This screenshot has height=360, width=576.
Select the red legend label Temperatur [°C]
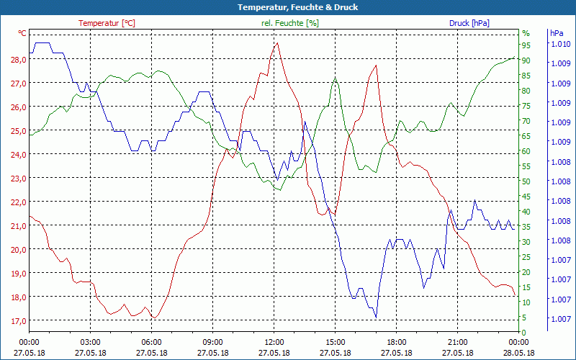(107, 23)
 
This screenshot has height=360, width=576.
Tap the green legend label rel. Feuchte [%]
(289, 23)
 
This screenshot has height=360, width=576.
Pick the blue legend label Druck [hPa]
(469, 23)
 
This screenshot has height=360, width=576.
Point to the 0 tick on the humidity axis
(524, 333)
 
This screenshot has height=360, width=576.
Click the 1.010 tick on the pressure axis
(560, 45)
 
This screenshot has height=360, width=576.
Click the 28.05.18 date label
(519, 353)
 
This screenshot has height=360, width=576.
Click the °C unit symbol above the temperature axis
(22, 33)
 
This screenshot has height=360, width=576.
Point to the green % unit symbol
(526, 33)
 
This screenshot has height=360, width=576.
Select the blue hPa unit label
(557, 33)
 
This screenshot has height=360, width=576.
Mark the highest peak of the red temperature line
(277, 42)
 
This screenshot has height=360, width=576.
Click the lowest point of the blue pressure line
(376, 317)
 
